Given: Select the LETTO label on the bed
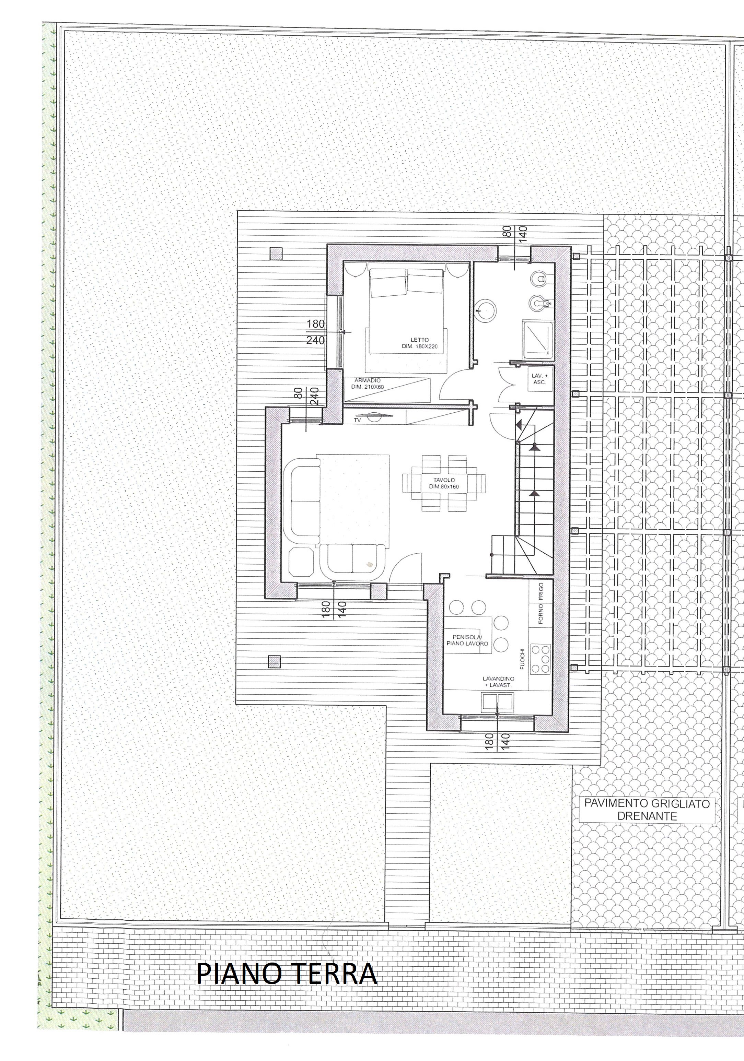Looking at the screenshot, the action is click(x=419, y=340).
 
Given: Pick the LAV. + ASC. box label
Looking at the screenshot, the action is click(x=539, y=379).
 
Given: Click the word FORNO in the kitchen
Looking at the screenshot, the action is click(x=540, y=615).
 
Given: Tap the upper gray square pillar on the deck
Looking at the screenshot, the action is click(x=276, y=254).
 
